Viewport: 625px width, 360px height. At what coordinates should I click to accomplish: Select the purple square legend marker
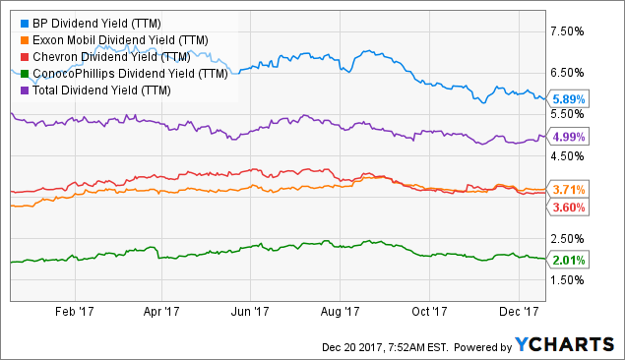click(11, 90)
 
